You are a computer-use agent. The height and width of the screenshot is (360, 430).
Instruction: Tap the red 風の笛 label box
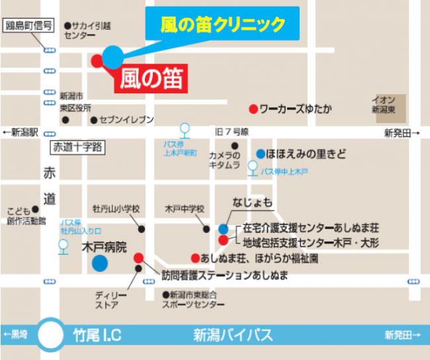point(153,77)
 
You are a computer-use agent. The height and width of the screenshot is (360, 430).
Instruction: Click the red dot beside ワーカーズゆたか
point(252,108)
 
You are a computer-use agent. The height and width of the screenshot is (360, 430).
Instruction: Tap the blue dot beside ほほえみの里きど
point(260,152)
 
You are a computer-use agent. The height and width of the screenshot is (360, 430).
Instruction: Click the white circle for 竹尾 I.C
point(51,335)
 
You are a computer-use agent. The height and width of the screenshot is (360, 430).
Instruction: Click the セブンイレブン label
point(126,120)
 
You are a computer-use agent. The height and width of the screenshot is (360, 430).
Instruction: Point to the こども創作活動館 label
point(26,216)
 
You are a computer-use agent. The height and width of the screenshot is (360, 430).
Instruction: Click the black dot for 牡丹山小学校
point(142,229)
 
